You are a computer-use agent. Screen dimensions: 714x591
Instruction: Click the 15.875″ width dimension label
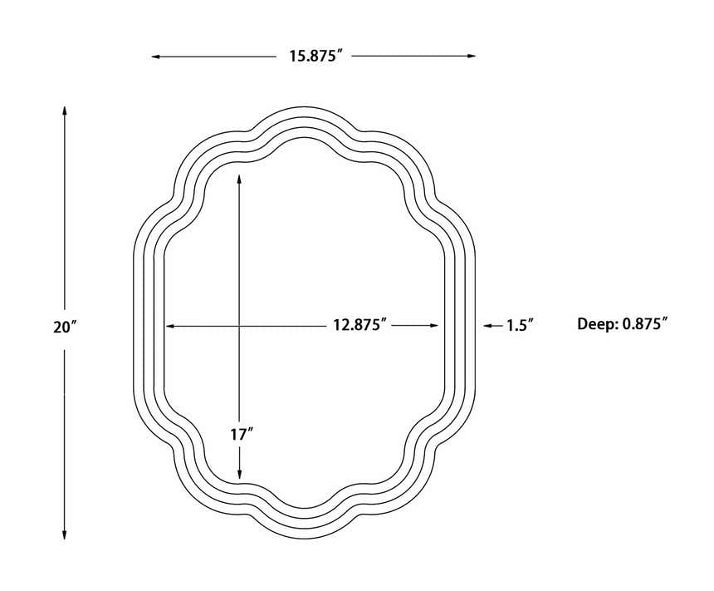click(315, 56)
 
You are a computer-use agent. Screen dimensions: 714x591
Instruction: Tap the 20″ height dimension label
click(65, 327)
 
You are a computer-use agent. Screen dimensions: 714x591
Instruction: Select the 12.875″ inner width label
click(359, 325)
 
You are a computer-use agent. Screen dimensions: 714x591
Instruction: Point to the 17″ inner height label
click(242, 435)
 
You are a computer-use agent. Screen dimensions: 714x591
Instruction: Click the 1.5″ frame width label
click(520, 325)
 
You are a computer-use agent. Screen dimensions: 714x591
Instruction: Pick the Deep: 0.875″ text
click(623, 324)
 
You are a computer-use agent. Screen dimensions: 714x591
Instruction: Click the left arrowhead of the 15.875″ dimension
click(156, 57)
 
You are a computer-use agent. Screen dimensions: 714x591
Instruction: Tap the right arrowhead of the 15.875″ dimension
click(472, 56)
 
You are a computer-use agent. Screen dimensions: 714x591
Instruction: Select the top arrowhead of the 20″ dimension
click(65, 111)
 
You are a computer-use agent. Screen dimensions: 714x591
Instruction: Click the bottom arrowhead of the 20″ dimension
click(65, 535)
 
